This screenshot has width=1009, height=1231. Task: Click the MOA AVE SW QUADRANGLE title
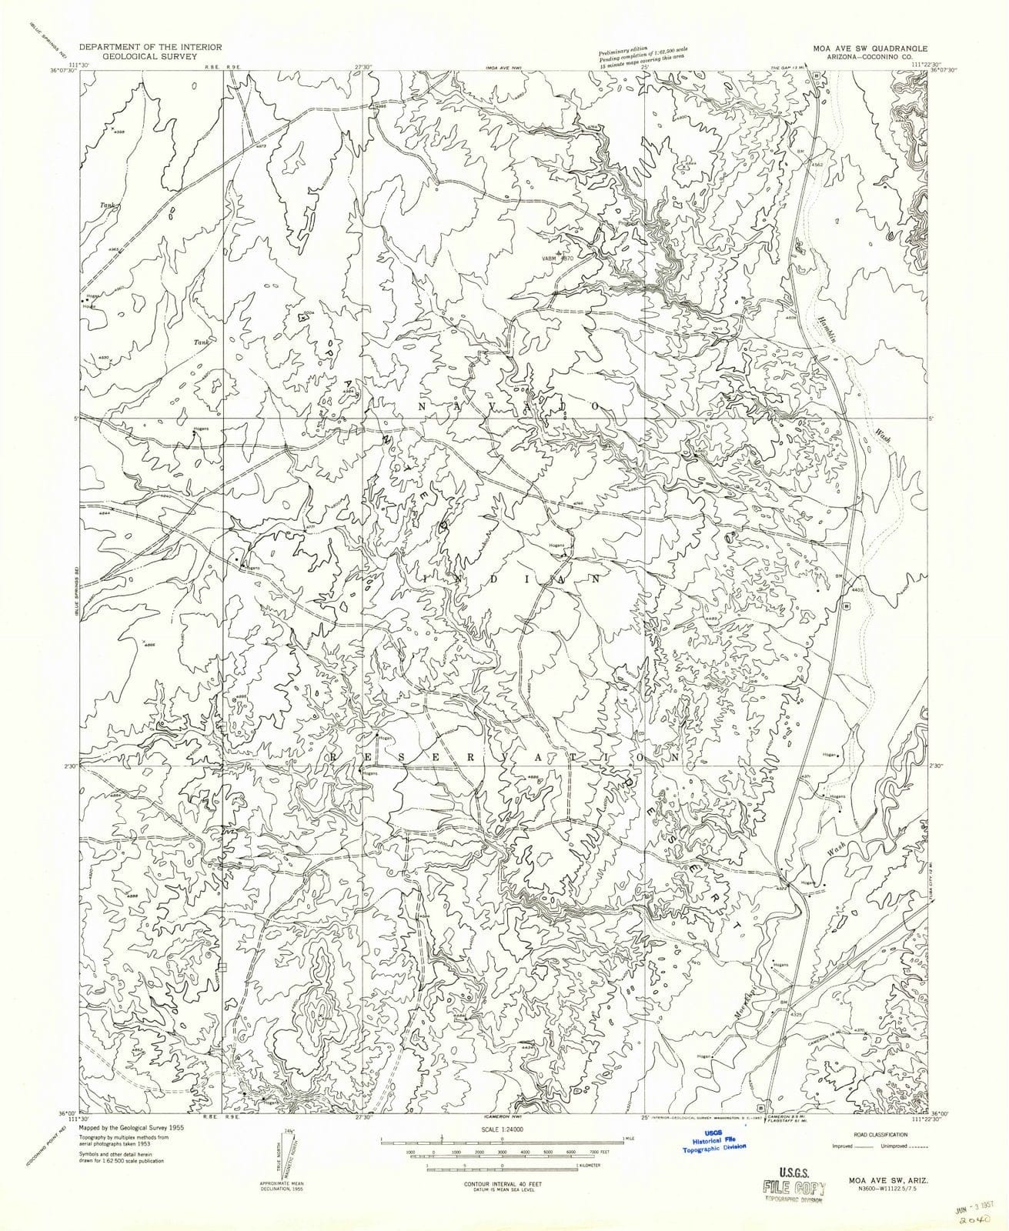pyautogui.click(x=869, y=47)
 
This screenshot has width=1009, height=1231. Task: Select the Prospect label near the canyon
pyautogui.click(x=623, y=224)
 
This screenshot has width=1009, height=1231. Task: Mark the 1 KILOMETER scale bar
pyautogui.click(x=504, y=1173)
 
